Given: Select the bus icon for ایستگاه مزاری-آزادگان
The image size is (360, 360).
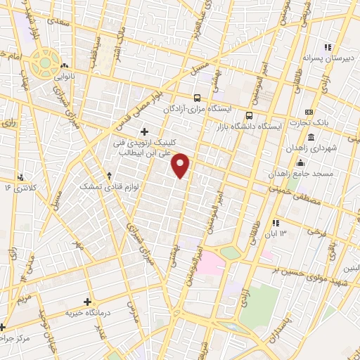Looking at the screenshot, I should pyautogui.click(x=198, y=98).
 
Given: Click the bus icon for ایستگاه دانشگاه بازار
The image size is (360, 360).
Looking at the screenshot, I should pyautogui.click(x=248, y=115).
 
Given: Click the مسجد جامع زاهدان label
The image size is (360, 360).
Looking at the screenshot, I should pyautogui.click(x=304, y=172).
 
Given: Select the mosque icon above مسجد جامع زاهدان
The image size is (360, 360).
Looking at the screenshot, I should pyautogui.click(x=301, y=162).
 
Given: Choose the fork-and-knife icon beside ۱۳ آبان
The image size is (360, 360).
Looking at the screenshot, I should pyautogui.click(x=274, y=223).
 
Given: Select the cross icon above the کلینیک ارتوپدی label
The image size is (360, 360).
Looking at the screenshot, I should pyautogui.click(x=145, y=131).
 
